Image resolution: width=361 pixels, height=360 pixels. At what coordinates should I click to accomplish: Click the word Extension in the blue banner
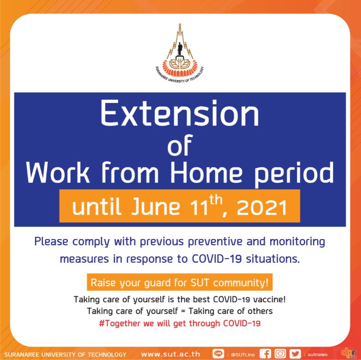[180, 114]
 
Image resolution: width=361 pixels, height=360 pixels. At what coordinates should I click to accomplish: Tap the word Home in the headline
[206, 172]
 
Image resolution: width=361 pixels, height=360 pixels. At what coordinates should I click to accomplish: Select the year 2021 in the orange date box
[262, 207]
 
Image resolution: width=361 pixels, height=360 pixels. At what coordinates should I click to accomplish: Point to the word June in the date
[156, 206]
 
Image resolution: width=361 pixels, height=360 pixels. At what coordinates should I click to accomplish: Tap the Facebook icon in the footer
[265, 354]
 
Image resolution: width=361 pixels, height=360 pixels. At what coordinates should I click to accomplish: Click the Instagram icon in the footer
[280, 354]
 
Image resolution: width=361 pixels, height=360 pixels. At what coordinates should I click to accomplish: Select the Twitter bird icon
[295, 354]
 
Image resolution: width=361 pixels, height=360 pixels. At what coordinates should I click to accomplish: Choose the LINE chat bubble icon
[218, 354]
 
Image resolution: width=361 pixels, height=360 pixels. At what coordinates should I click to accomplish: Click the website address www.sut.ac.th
[171, 354]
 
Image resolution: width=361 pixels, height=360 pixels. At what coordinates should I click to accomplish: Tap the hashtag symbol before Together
[101, 324]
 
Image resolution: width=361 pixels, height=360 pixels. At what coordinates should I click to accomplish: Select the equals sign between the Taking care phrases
[183, 312]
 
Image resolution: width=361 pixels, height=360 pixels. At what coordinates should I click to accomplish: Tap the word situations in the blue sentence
[273, 259]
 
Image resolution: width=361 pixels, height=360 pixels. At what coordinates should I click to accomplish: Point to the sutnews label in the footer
[318, 355]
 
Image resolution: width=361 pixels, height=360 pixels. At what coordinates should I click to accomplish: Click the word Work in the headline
[58, 172]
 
